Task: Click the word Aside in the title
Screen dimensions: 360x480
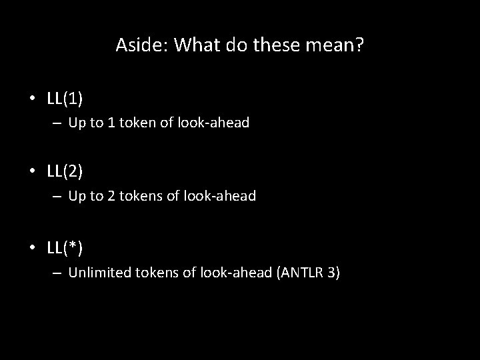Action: coord(137,45)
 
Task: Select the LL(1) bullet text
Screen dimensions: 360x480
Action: coord(65,99)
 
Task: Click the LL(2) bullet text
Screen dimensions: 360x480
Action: coord(65,172)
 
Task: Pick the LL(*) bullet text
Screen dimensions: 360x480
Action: coord(65,247)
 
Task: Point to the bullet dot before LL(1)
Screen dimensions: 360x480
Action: coord(32,99)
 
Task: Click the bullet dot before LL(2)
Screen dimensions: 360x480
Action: coord(32,173)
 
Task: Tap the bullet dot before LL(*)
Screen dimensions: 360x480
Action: coord(32,248)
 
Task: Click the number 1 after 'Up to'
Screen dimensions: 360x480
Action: coord(105,123)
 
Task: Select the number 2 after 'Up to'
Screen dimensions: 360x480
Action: coord(105,197)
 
